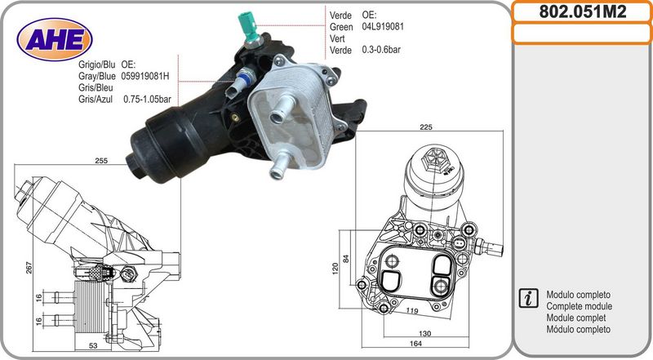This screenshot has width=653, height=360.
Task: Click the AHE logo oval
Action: pos(54,39)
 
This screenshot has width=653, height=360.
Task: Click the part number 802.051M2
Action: pos(582,11)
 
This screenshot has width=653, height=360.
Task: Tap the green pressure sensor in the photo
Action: pos(249,29)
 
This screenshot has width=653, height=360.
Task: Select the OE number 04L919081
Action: pos(383,27)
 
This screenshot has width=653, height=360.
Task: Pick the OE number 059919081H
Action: pos(145,76)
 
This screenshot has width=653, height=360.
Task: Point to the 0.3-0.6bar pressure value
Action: pos(381,50)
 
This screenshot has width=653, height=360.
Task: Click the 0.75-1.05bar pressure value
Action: pos(147,99)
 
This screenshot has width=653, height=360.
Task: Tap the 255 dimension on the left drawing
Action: pos(101,161)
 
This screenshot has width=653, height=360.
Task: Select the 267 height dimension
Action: pos(29,268)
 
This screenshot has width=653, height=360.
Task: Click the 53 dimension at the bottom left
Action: pos(93,345)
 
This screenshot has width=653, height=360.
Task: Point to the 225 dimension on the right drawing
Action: pos(425,127)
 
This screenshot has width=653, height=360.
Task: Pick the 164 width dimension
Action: pos(415,344)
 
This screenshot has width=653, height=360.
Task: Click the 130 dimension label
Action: pos(424,333)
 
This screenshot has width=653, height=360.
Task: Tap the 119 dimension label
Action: pos(412,310)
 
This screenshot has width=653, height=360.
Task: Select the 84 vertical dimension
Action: pos(346,258)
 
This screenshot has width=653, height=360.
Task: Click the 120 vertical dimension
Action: pos(335,268)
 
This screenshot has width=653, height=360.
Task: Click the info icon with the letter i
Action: pos(529,298)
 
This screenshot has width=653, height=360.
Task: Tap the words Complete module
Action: pos(579,306)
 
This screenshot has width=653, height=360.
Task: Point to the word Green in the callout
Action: pos(341,27)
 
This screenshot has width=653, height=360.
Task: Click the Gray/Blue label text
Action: pos(96,76)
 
